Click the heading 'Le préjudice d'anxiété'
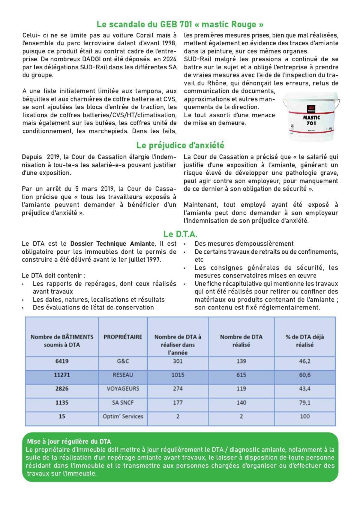coord(180,145)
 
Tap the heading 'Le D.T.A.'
coord(180,234)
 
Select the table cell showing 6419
coord(62,361)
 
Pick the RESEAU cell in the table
coord(123,375)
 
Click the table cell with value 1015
coord(178,375)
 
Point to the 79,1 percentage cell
coord(304,402)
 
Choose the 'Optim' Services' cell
coord(123,416)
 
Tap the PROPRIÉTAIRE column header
coord(123,337)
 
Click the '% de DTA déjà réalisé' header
coord(304,341)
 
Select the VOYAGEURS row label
coord(123,389)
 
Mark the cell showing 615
coord(241,375)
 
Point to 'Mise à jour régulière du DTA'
coord(69,441)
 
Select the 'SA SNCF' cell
coord(123,402)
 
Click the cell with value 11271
coord(62,375)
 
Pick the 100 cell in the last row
coord(304,416)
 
